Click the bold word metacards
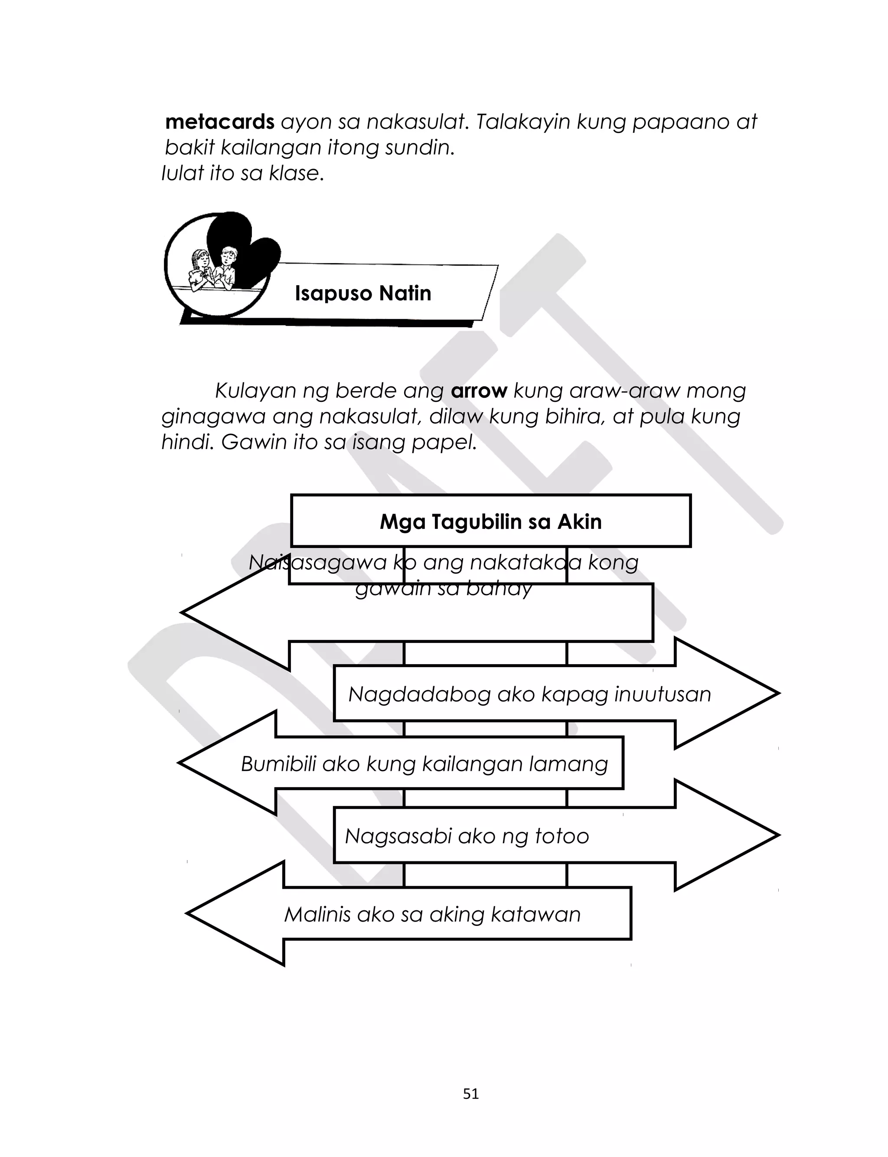(x=219, y=122)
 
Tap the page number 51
(x=470, y=1094)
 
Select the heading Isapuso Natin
(x=362, y=293)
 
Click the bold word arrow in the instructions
(x=479, y=391)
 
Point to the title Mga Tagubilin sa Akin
(x=490, y=522)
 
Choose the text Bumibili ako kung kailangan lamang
(x=424, y=764)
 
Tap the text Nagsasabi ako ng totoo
(x=467, y=836)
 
